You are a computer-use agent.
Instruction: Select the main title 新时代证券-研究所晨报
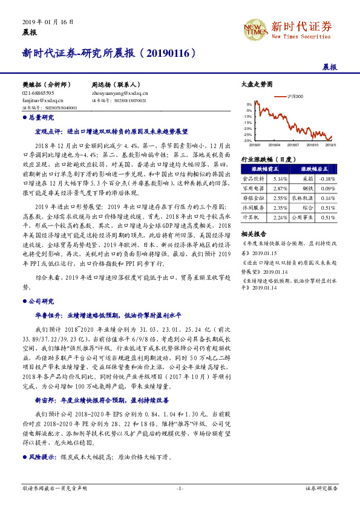click(110, 53)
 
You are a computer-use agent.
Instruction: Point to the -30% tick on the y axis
click(247, 140)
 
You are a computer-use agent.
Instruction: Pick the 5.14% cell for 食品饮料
click(280, 180)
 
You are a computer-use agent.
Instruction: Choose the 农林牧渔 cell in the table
click(304, 198)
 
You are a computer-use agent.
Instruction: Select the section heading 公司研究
click(42, 299)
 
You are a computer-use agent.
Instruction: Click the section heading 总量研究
click(42, 117)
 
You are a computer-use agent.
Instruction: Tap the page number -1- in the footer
click(180, 487)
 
